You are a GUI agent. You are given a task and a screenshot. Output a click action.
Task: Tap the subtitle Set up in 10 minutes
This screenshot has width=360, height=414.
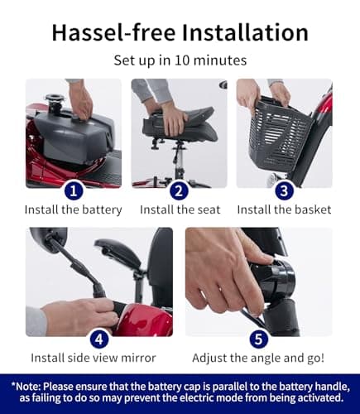coord(180,60)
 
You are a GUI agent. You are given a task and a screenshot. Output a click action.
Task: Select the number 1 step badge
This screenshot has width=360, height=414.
coord(74,190)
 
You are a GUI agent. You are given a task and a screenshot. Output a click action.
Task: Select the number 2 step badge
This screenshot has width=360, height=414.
coord(180,190)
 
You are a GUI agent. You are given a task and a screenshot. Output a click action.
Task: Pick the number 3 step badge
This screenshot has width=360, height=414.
coord(284,190)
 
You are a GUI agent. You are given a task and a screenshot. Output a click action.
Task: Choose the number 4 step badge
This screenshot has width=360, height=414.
coord(99,338)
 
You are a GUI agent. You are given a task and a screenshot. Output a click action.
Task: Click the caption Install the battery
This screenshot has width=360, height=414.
coord(74,210)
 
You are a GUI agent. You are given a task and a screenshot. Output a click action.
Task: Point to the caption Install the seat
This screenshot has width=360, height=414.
coord(180,210)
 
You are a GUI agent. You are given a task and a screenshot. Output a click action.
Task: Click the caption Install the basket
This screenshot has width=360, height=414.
coord(284,210)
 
